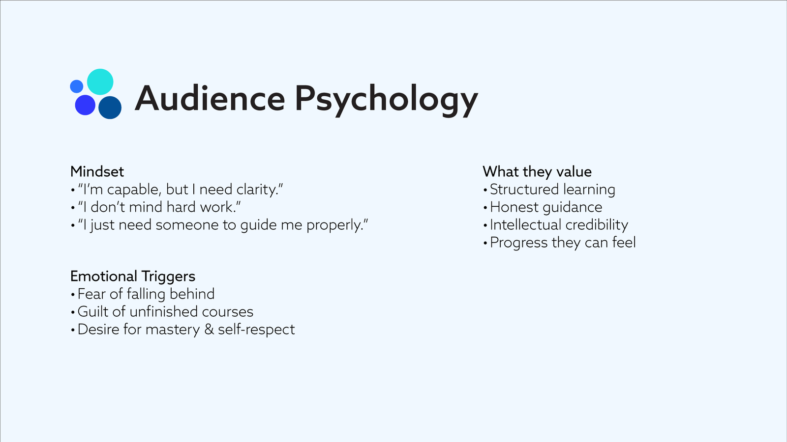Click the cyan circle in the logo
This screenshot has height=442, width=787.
coord(100,82)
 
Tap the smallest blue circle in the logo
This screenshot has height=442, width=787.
coord(77,86)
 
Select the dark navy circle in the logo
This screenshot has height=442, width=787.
coord(110,108)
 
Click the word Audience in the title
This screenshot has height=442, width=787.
coord(210,99)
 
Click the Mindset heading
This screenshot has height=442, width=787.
coord(97,171)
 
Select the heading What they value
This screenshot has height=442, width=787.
coord(537,171)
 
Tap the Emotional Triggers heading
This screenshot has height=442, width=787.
coord(133,276)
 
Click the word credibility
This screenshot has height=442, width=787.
coord(597,225)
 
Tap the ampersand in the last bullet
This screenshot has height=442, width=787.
coord(209,330)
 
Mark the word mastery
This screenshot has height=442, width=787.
coord(173,330)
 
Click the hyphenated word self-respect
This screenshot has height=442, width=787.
coord(256,330)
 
